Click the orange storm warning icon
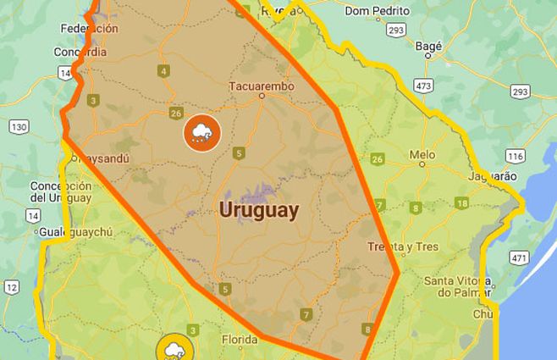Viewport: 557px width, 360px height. [x=201, y=132]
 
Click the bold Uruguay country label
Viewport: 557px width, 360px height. [x=259, y=210]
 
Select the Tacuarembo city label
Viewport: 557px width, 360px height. [x=261, y=86]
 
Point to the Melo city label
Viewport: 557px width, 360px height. [x=422, y=155]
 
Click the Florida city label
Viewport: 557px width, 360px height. [x=239, y=341]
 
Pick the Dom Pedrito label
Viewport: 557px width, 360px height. [x=378, y=11]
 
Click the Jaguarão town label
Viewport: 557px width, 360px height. [x=492, y=176]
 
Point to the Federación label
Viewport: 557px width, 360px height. [x=90, y=28]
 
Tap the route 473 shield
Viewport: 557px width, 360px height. [x=424, y=86]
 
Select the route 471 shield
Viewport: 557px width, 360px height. [x=517, y=257]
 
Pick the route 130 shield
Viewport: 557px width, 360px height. [x=19, y=127]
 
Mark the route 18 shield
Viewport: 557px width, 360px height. [x=461, y=203]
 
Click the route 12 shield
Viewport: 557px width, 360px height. [x=11, y=287]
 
